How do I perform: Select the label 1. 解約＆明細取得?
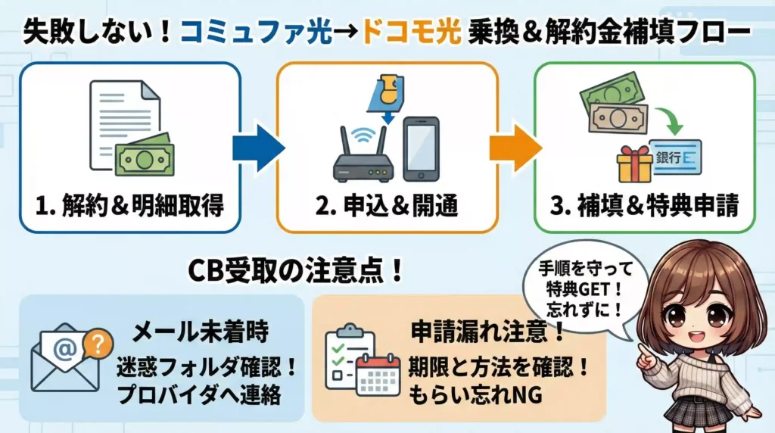129,206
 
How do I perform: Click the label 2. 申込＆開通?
386,206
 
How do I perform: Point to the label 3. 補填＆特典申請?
645,206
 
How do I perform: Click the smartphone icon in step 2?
421,149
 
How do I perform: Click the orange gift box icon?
633,164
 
